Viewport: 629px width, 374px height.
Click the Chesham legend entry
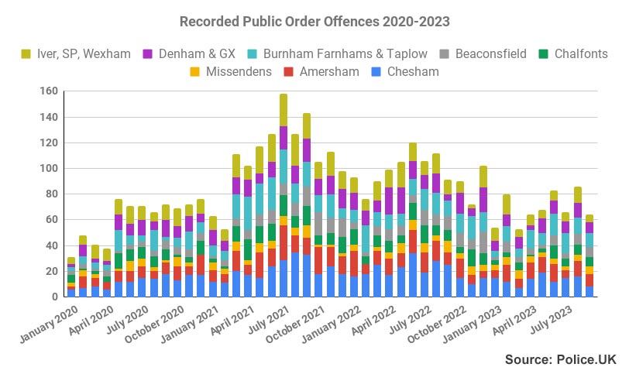(405, 72)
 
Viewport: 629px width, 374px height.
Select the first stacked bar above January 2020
(71, 277)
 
